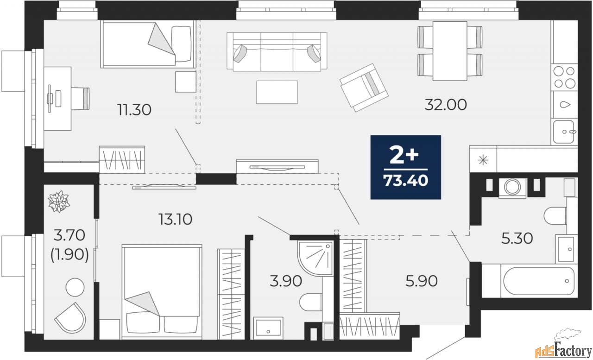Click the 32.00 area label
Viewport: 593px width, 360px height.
pyautogui.click(x=446, y=105)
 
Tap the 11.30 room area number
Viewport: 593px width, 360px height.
pyautogui.click(x=134, y=110)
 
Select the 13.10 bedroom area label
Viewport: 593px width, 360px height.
pyautogui.click(x=175, y=219)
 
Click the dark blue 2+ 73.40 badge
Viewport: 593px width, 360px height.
pyautogui.click(x=405, y=167)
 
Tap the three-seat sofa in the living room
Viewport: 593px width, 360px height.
pyautogui.click(x=277, y=52)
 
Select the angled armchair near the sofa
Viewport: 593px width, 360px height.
pyautogui.click(x=364, y=87)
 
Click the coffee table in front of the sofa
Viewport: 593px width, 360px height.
pyautogui.click(x=277, y=92)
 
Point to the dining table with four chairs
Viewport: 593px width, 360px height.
pyautogui.click(x=450, y=51)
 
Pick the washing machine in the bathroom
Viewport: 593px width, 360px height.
pyautogui.click(x=512, y=187)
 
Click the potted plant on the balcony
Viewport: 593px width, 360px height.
pyautogui.click(x=58, y=202)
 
